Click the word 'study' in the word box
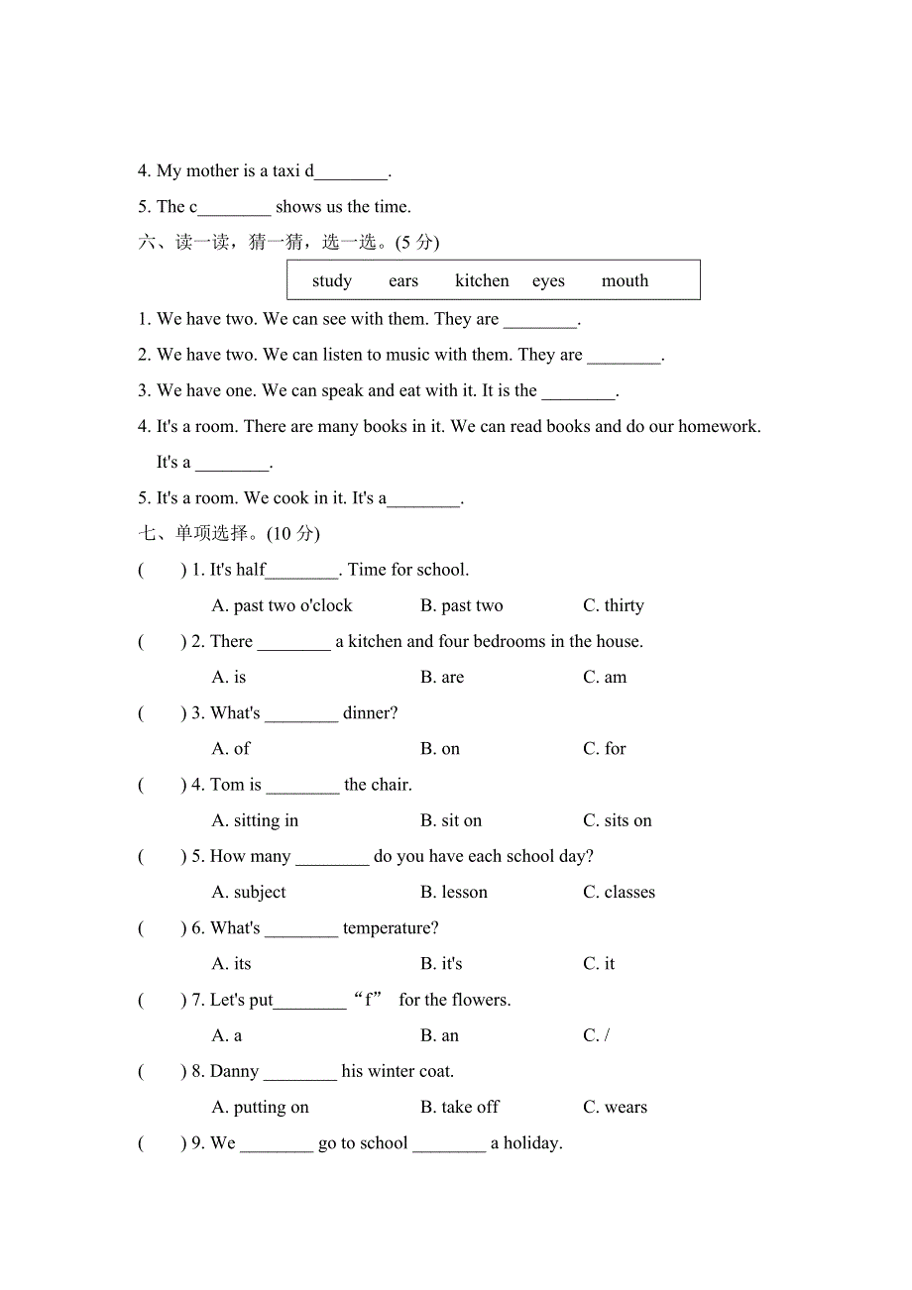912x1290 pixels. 331,281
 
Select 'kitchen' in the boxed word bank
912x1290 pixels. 482,281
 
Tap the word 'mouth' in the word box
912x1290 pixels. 625,281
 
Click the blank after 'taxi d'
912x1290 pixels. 351,172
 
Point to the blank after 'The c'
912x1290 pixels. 234,208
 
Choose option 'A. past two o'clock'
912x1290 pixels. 283,606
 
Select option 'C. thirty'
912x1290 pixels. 613,606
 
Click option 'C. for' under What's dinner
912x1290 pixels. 605,749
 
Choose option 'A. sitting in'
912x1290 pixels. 255,821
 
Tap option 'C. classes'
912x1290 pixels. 619,893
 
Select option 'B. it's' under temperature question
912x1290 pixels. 441,964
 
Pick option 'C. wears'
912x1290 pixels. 615,1108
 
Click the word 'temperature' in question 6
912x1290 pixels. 390,928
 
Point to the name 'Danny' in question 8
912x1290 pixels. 235,1072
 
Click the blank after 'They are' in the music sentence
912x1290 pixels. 624,356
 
